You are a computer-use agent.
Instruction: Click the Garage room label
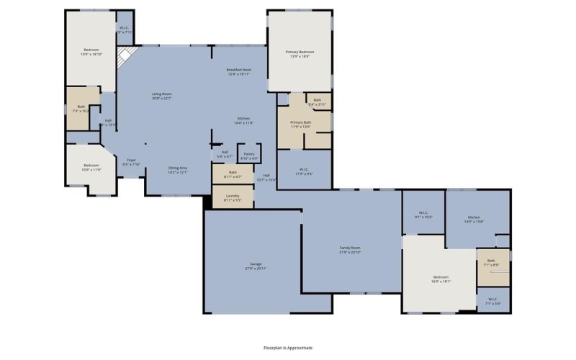coord(256,266)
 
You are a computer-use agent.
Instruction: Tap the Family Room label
coord(350,250)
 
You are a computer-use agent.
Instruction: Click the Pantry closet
coord(248,155)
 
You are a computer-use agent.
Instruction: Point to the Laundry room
coord(233,197)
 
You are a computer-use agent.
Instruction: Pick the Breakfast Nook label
coord(238,71)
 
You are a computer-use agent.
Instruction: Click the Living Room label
coord(161,96)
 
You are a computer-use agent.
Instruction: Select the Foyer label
coord(131,162)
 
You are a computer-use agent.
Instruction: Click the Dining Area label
coord(177,169)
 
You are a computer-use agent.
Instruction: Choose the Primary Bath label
coord(300,124)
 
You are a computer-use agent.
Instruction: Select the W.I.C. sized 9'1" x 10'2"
coord(423,215)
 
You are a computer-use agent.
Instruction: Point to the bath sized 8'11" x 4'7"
coord(233,174)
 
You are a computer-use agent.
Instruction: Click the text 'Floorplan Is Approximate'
coord(288,347)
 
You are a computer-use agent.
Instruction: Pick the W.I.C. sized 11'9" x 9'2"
coord(304,172)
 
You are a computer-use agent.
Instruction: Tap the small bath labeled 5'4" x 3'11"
coord(318,102)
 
